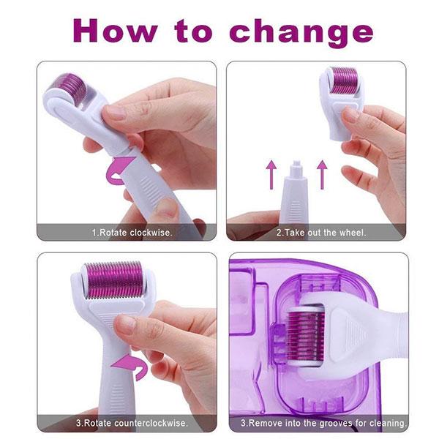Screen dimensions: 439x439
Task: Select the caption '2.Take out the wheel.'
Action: click(x=320, y=233)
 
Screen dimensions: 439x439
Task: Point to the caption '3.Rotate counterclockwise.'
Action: click(x=132, y=423)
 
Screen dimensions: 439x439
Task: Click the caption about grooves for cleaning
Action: click(x=321, y=423)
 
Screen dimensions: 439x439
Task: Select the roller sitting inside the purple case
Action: click(x=304, y=323)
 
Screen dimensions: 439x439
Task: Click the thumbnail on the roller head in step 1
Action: click(x=113, y=113)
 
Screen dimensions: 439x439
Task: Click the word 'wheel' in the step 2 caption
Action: click(x=352, y=233)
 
